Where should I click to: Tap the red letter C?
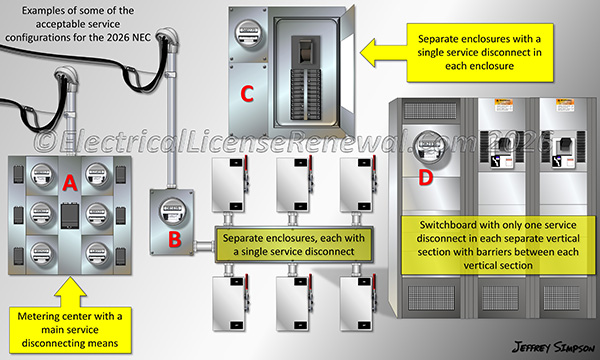click(246, 96)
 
